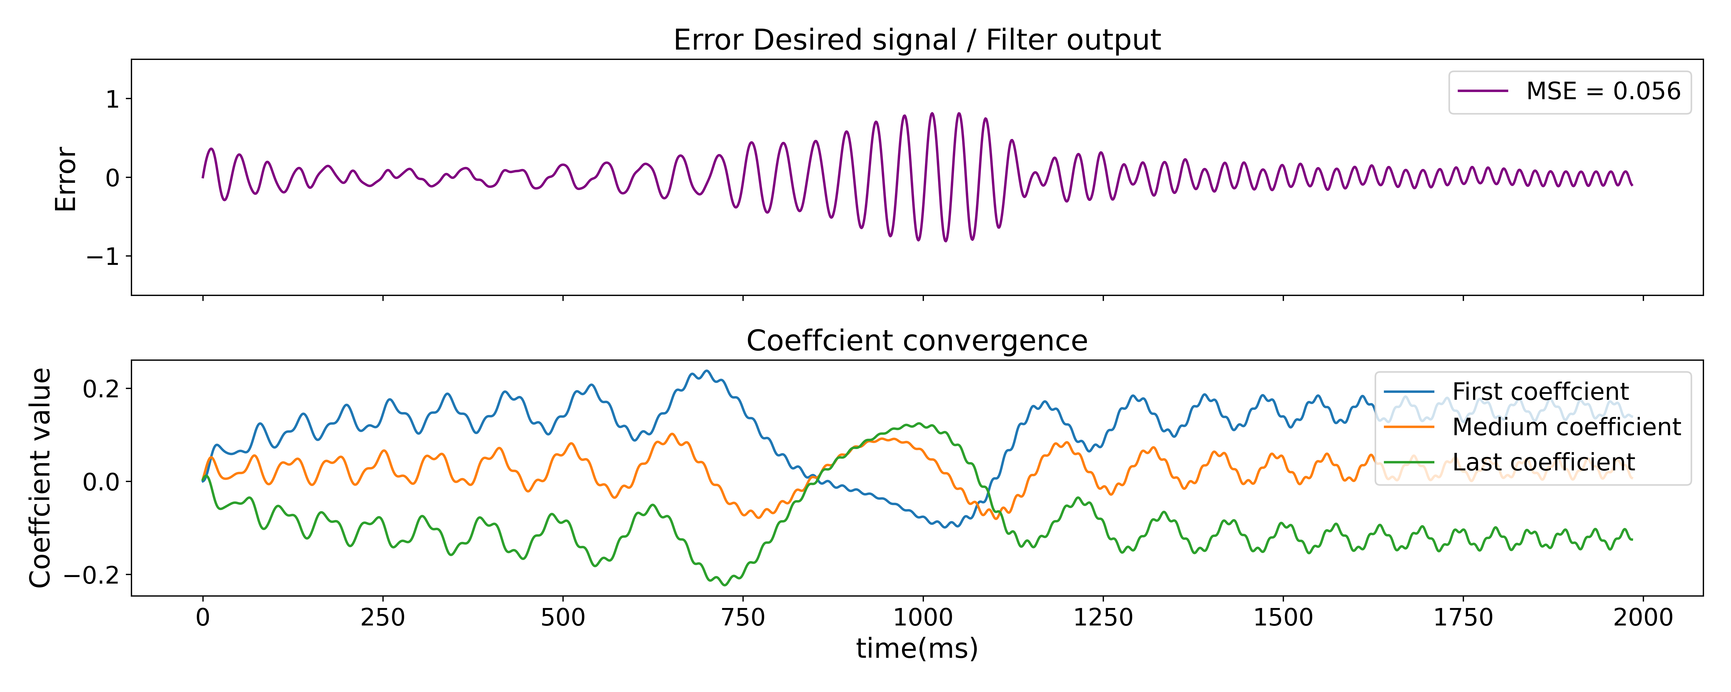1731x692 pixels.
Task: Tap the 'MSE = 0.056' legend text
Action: coord(1603,91)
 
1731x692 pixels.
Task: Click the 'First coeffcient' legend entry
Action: coord(1540,392)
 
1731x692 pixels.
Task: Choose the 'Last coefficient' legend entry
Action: coord(1543,463)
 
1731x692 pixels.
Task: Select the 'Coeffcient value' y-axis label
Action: coord(40,478)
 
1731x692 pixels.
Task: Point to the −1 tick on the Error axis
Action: coord(102,257)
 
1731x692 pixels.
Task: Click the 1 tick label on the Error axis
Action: coord(112,99)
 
